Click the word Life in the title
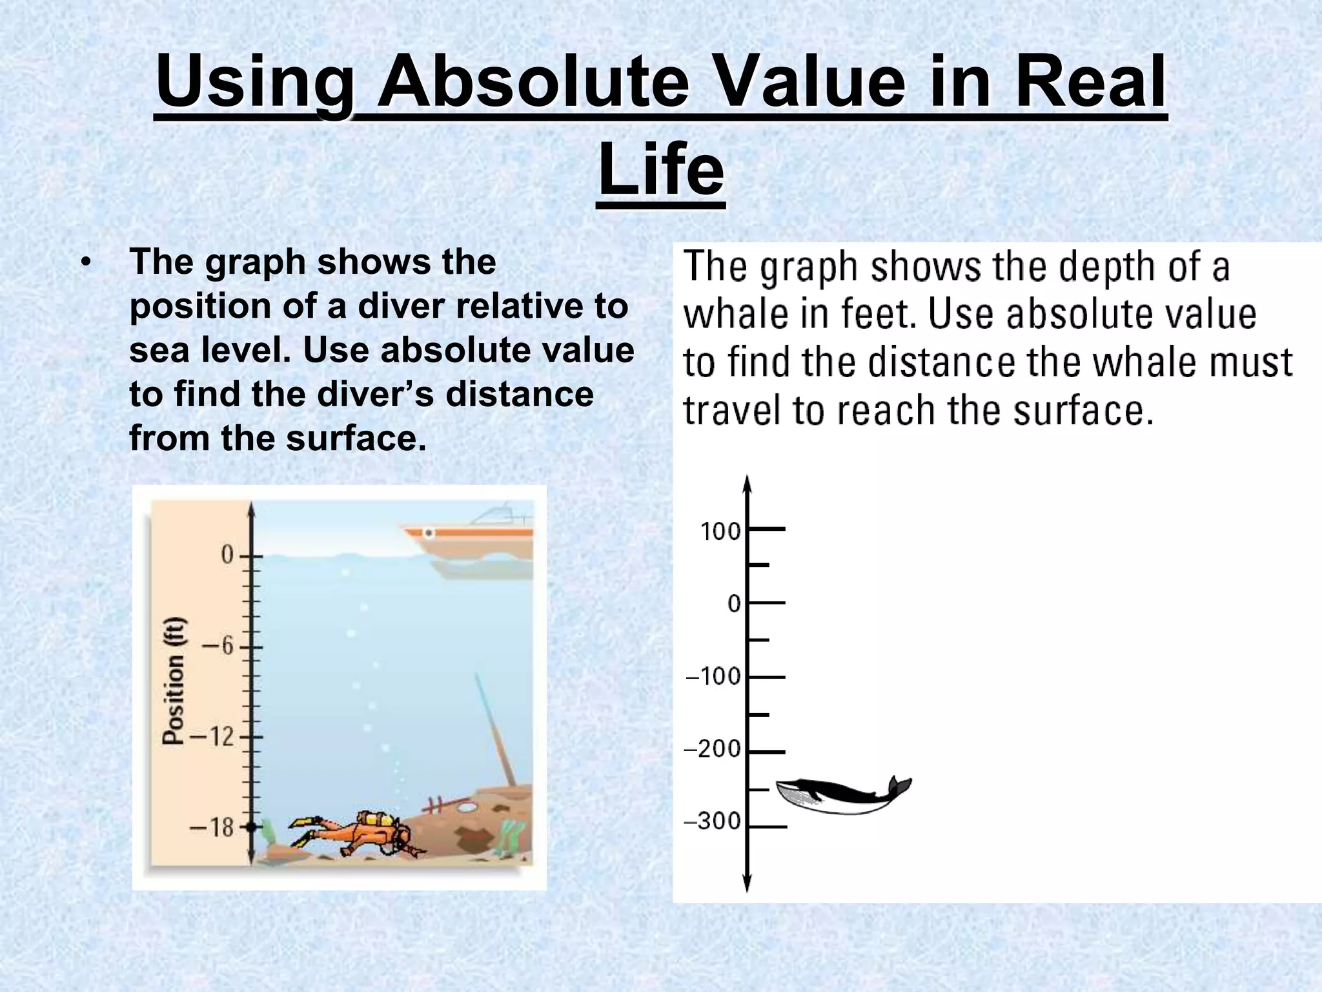click(x=661, y=169)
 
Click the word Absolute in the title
click(x=533, y=82)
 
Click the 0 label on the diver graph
click(x=227, y=555)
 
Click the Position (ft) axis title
click(x=174, y=681)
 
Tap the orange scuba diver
click(x=355, y=834)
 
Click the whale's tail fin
click(x=899, y=786)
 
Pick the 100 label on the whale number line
click(x=720, y=532)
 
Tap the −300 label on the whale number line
click(x=712, y=821)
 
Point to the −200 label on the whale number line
click(x=712, y=749)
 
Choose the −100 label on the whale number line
click(x=713, y=677)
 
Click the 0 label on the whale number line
click(x=735, y=604)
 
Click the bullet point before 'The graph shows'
click(x=86, y=263)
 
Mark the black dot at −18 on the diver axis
click(x=251, y=827)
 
